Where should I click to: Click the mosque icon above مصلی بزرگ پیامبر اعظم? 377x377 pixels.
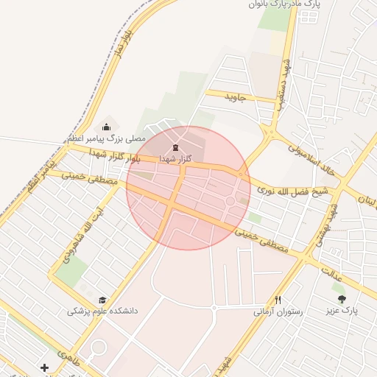pos(108,127)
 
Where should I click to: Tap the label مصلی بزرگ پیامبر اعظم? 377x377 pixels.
pos(108,138)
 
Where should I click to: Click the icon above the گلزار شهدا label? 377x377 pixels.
pos(174,148)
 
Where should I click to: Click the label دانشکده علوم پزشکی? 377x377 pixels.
pos(102,311)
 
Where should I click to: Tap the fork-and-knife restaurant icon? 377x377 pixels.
pos(278,300)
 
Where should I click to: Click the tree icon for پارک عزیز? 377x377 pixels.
pos(341,299)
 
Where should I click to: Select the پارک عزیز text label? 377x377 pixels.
pos(342,311)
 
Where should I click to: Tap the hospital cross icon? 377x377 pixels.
pos(45,367)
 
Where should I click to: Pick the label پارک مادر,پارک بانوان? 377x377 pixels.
pos(286,4)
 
